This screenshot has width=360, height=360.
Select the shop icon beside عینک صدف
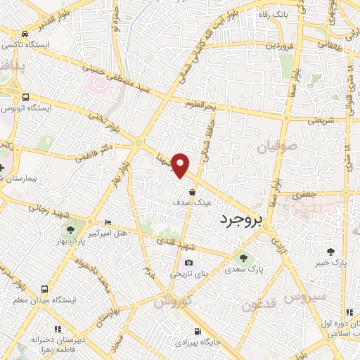point(192,190)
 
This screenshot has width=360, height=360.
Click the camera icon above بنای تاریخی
point(188,262)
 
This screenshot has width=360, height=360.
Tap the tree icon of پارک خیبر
point(330,252)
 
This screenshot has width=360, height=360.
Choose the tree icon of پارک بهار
point(70,229)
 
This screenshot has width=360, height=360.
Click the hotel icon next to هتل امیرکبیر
point(107,221)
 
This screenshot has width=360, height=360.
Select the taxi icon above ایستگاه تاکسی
point(25,34)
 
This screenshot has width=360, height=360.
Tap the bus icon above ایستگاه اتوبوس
point(26,97)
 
